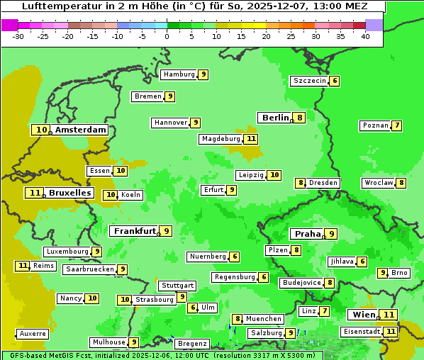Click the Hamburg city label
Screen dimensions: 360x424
[179, 74]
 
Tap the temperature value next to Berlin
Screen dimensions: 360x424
[300, 118]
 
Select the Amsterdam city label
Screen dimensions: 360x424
[80, 130]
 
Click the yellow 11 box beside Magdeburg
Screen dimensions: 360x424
[251, 139]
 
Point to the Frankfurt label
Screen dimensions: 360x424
[135, 231]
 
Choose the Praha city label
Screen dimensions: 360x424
[308, 234]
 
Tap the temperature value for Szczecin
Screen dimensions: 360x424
[334, 81]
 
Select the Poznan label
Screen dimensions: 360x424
[375, 125]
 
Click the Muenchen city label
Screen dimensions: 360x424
[264, 319]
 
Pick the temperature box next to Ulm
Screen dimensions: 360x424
[192, 308]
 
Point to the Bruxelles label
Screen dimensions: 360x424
[69, 193]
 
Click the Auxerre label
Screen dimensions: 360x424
[33, 334]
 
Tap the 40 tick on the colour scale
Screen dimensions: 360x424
[364, 36]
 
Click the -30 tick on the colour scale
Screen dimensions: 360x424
[18, 36]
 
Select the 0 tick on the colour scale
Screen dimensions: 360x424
[167, 36]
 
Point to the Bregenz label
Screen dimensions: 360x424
[192, 344]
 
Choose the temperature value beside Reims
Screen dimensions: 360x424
[23, 266]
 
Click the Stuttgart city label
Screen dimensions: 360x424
[177, 286]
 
